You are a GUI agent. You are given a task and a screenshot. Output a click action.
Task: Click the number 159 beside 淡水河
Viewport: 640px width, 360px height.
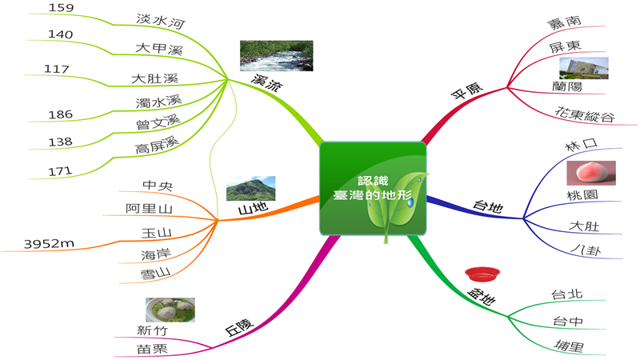62,8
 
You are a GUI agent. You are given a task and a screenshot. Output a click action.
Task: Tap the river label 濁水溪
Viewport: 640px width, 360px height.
158,102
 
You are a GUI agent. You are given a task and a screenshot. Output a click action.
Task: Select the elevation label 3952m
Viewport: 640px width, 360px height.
49,244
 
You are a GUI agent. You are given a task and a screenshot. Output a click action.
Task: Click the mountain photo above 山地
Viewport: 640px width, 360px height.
250,189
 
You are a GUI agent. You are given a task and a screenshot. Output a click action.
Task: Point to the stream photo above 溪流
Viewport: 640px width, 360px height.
276,55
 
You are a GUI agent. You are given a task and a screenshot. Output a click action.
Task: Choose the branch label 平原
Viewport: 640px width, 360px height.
467,90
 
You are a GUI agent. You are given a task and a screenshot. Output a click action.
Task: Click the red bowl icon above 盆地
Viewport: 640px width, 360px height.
482,274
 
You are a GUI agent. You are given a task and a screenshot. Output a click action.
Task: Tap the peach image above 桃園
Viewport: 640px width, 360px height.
591,173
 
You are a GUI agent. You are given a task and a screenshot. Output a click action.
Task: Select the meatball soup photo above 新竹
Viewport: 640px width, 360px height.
170,310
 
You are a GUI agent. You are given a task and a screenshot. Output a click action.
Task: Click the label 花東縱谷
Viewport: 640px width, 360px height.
585,114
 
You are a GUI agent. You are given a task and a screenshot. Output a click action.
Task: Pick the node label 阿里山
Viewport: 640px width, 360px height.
149,209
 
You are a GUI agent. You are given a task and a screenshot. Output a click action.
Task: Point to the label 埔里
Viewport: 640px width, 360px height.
569,346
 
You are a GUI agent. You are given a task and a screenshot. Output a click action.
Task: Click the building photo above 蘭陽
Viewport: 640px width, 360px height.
584,68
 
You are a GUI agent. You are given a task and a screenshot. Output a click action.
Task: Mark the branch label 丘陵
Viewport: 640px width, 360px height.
239,327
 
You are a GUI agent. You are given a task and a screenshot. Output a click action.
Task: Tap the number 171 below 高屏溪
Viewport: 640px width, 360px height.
60,171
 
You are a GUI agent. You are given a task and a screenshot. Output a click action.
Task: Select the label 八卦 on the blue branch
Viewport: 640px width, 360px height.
586,250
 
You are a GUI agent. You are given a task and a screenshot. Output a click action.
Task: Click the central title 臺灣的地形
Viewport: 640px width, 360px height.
373,195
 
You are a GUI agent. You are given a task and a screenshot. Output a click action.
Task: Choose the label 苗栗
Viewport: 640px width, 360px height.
152,349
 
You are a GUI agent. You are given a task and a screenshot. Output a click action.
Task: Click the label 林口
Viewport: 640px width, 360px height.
582,145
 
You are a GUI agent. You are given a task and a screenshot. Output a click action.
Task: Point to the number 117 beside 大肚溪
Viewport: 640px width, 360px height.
56,69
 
